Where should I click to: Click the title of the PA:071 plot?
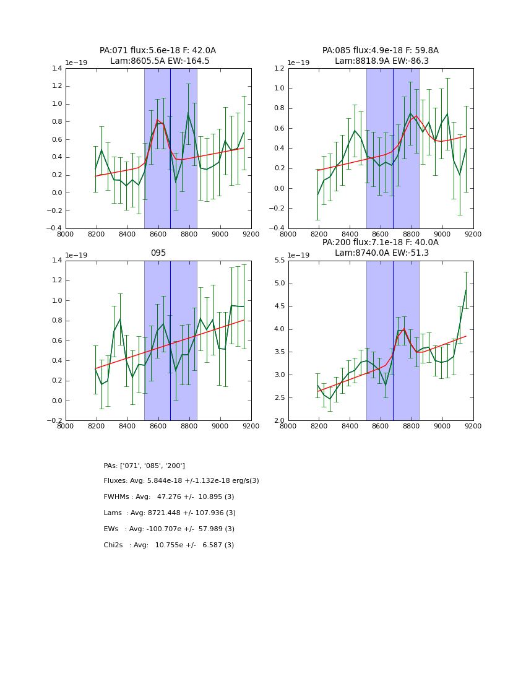point(158,56)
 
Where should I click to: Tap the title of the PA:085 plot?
point(380,56)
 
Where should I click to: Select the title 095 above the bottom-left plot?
point(158,253)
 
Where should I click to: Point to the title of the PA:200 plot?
point(380,248)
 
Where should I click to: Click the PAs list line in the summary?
point(144,466)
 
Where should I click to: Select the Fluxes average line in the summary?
point(181,481)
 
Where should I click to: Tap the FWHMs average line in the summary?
point(169,497)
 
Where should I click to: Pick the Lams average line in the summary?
point(170,513)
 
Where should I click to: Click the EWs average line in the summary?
point(169,529)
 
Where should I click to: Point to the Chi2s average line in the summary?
point(169,545)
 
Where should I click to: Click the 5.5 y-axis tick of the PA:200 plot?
point(278,261)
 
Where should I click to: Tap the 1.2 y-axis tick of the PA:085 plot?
point(278,68)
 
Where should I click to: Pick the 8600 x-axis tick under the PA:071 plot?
point(158,235)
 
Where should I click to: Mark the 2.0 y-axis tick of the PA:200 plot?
point(278,421)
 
